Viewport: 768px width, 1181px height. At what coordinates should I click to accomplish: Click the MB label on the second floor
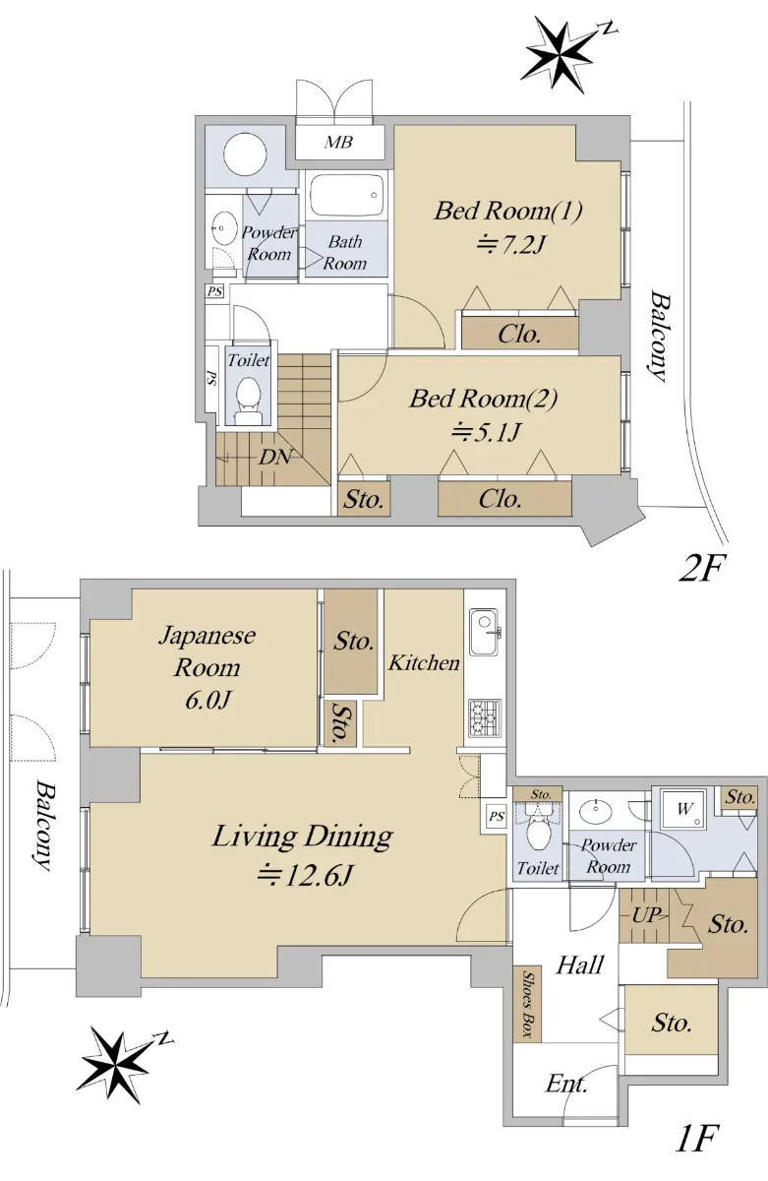coord(338,142)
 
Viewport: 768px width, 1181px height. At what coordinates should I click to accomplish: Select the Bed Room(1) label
coord(508,211)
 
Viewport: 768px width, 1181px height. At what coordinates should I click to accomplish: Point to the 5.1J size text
coord(486,433)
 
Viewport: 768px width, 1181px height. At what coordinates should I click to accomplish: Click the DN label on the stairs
coord(274,457)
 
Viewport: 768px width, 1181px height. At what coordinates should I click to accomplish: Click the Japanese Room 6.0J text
coord(207,667)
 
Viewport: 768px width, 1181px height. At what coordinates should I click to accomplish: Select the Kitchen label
coord(424,662)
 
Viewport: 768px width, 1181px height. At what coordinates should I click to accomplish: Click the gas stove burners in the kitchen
coord(484,718)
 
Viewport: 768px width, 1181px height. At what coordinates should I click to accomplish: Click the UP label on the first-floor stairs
coord(647,916)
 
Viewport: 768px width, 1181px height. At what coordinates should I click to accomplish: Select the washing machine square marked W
coord(683,809)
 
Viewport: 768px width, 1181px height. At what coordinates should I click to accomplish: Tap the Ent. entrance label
coord(566,1084)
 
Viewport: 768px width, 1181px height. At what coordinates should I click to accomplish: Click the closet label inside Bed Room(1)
coord(519,334)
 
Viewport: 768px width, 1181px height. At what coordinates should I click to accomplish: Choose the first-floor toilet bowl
coord(538,836)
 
